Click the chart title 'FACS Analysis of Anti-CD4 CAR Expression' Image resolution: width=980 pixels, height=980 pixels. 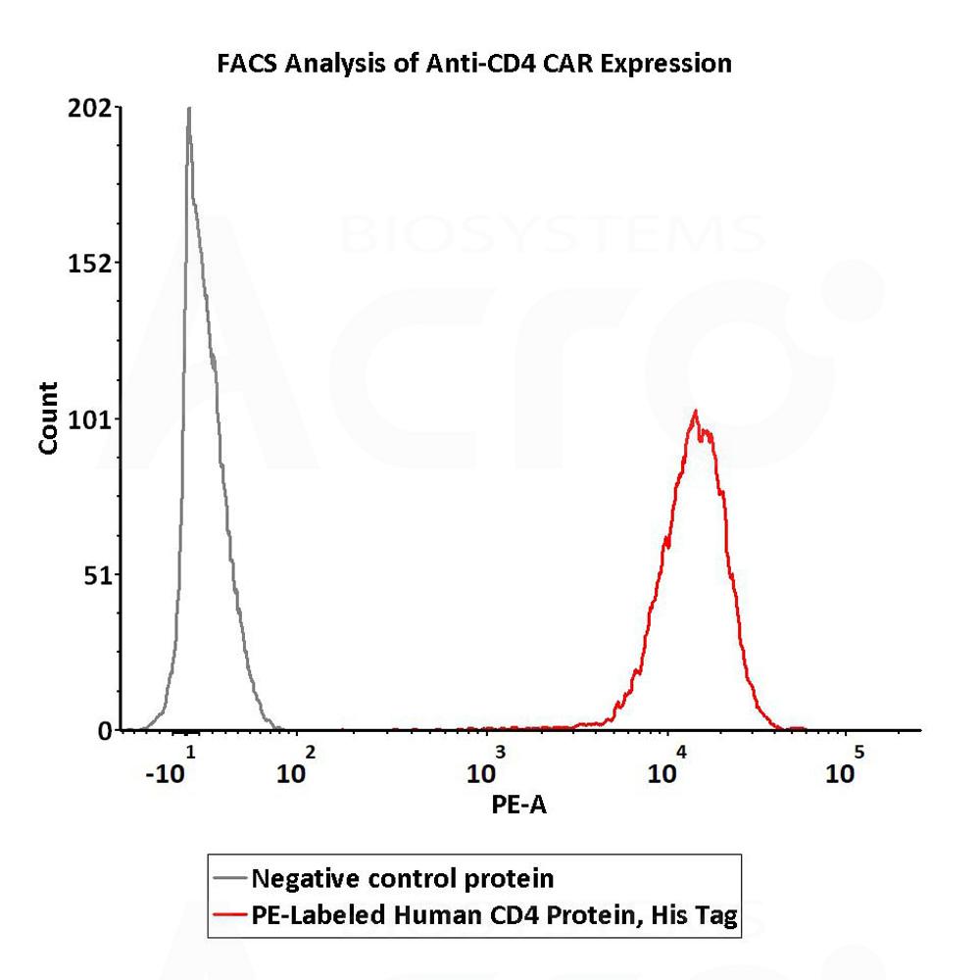pyautogui.click(x=473, y=65)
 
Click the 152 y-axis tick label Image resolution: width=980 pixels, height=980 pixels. pyautogui.click(x=93, y=263)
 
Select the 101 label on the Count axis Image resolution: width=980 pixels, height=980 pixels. pyautogui.click(x=93, y=419)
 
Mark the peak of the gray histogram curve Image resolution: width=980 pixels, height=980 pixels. pyautogui.click(x=188, y=109)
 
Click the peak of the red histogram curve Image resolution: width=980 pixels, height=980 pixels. pyautogui.click(x=695, y=412)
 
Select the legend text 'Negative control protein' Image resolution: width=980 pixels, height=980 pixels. pyautogui.click(x=403, y=876)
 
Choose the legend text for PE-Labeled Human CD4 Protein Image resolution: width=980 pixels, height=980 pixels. pyautogui.click(x=494, y=916)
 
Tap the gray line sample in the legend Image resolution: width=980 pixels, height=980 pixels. pyautogui.click(x=229, y=876)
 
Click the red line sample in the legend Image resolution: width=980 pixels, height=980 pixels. pyautogui.click(x=229, y=916)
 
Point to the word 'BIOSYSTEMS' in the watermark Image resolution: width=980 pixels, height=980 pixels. pyautogui.click(x=554, y=234)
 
